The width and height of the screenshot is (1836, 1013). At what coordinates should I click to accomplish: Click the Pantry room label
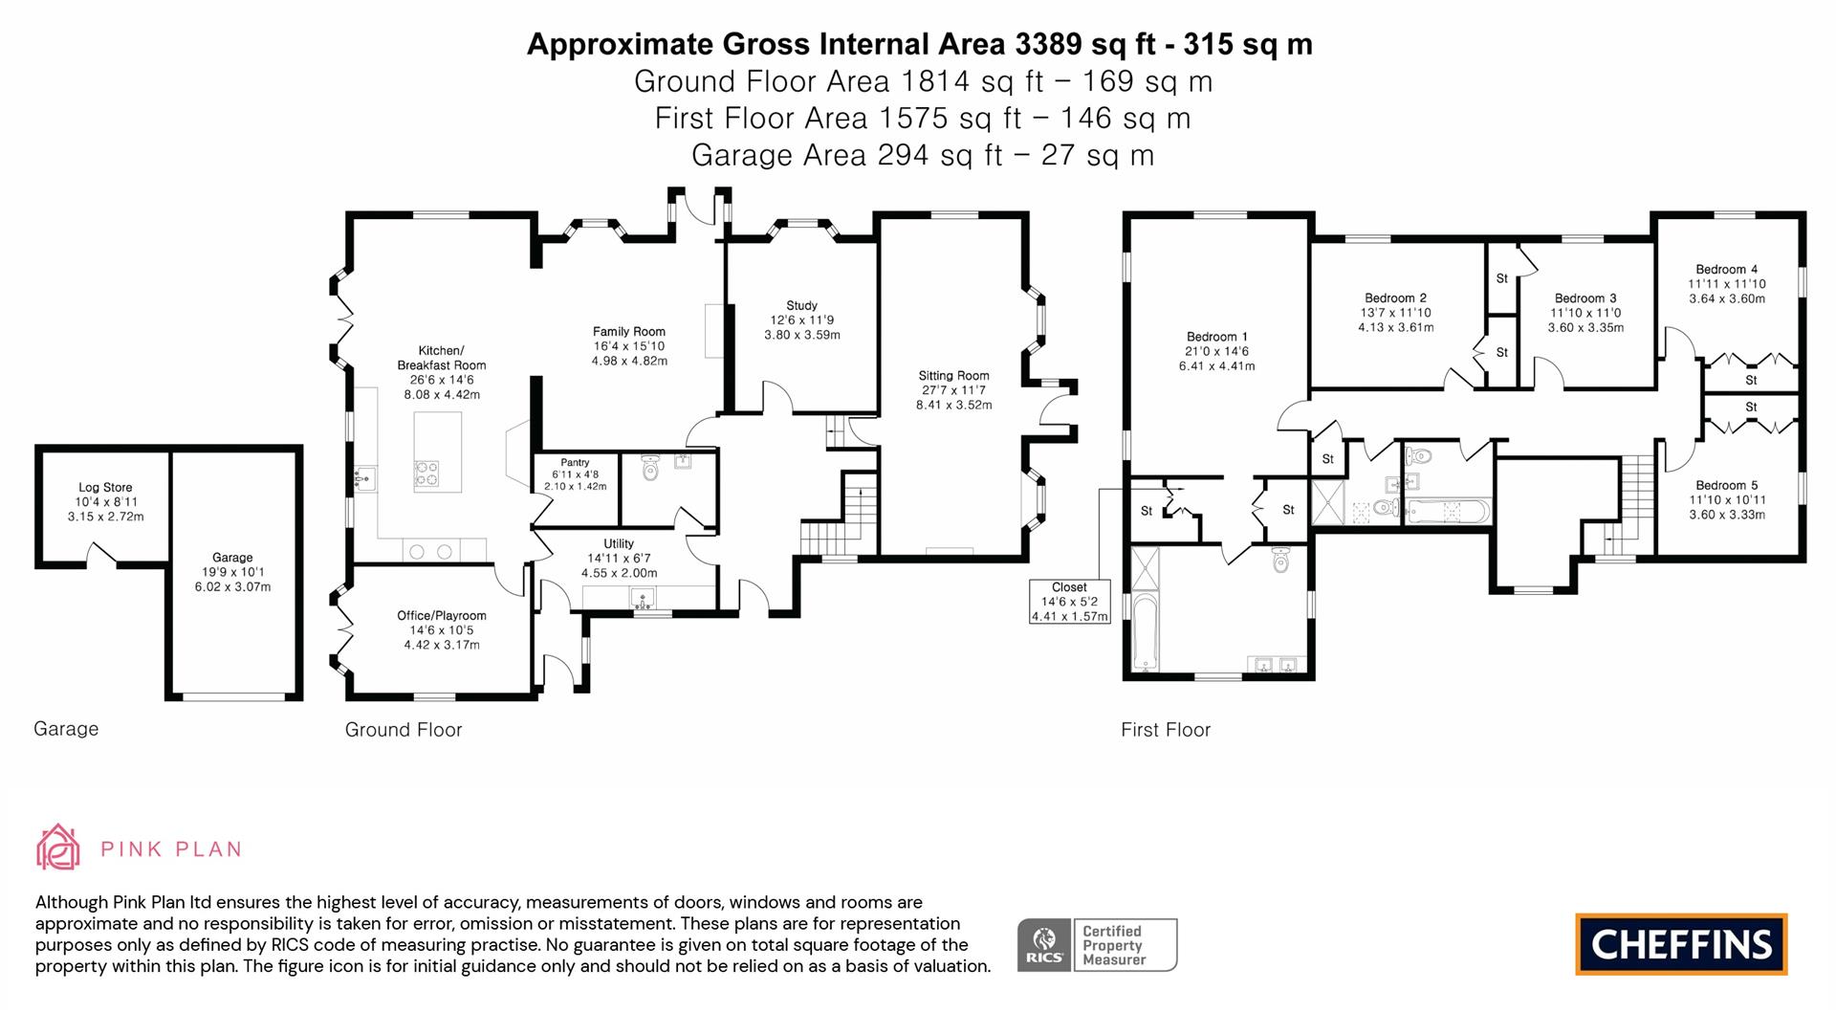click(x=575, y=463)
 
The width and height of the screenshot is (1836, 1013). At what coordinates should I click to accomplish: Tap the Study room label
click(x=801, y=306)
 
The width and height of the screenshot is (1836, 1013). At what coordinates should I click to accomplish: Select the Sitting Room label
click(x=953, y=376)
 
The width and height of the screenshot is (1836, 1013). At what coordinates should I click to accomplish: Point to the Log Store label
click(x=105, y=488)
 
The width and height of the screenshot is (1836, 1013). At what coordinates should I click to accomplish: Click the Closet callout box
click(x=1069, y=602)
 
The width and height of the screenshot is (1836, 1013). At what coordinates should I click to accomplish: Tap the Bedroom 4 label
click(x=1726, y=270)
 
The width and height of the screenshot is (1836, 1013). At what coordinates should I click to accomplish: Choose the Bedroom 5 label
click(x=1726, y=486)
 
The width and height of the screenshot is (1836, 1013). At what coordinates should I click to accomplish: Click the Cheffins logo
click(x=1681, y=945)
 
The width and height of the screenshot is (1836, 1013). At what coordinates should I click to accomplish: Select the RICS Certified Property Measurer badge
click(x=1097, y=945)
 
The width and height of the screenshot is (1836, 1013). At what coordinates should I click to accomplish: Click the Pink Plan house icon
click(x=57, y=848)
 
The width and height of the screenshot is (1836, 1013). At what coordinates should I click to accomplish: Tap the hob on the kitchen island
click(x=426, y=473)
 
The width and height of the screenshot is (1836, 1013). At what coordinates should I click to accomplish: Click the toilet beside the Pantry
click(x=650, y=468)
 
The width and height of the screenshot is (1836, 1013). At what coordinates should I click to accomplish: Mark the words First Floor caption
click(x=1165, y=730)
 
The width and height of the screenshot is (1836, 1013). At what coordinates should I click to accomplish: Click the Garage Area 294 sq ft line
click(x=922, y=155)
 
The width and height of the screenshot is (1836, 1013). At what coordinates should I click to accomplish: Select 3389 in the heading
click(x=1049, y=44)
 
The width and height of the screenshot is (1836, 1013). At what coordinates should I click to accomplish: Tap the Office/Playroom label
click(x=441, y=616)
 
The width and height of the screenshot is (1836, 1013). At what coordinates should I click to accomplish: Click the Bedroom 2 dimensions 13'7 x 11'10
click(x=1395, y=313)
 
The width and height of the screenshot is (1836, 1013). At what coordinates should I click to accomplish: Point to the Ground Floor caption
click(x=403, y=730)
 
